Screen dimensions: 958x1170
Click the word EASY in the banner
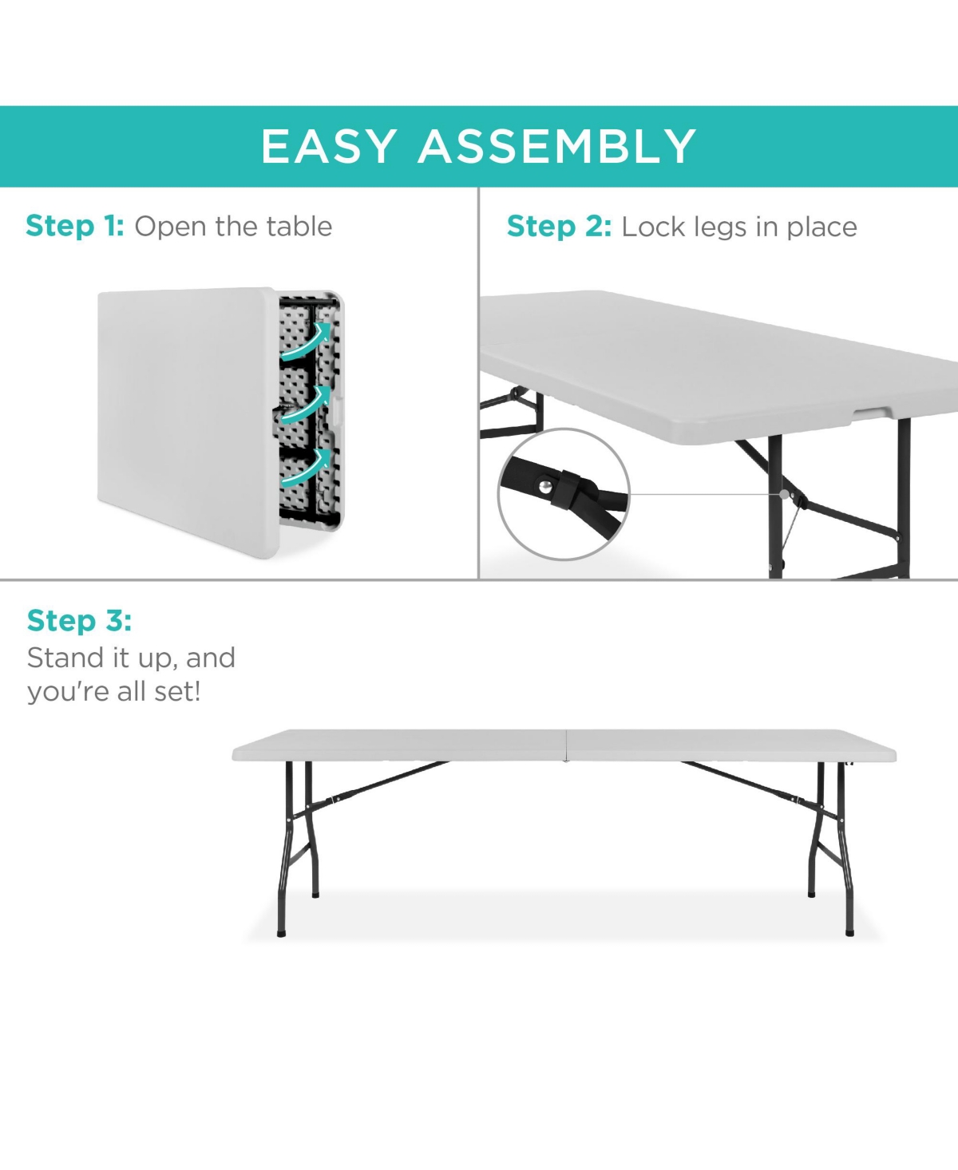tap(329, 147)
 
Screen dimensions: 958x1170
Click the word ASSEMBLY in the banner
tap(556, 147)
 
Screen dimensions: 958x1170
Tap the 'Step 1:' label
tap(75, 227)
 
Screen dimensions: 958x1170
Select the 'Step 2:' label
tap(559, 227)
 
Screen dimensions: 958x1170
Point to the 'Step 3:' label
tap(79, 620)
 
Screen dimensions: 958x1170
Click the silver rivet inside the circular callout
tap(546, 487)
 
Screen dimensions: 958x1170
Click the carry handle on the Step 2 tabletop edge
tap(872, 413)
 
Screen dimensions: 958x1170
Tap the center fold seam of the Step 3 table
tap(565, 745)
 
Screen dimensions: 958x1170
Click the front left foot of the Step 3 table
tap(281, 934)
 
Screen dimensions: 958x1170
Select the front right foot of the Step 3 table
tap(849, 933)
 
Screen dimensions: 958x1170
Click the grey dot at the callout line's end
tap(784, 494)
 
